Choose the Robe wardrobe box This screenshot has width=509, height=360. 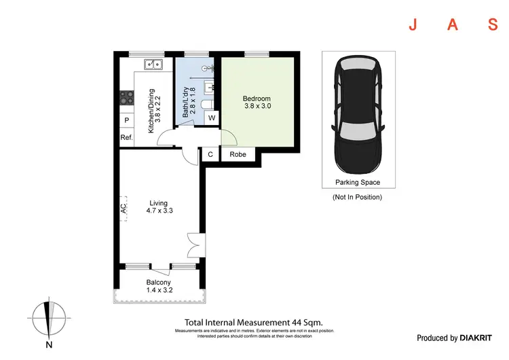pyautogui.click(x=238, y=155)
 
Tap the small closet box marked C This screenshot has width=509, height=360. pyautogui.click(x=210, y=155)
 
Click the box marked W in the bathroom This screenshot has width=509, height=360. pyautogui.click(x=212, y=118)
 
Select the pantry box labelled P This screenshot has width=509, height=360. pyautogui.click(x=126, y=122)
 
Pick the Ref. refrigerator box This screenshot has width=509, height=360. pyautogui.click(x=126, y=138)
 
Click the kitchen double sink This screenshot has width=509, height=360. pyautogui.click(x=153, y=65)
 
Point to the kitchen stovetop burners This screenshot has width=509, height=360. pyautogui.click(x=126, y=98)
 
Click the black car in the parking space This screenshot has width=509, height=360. pyautogui.click(x=357, y=115)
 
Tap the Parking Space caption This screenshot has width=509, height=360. pyautogui.click(x=357, y=182)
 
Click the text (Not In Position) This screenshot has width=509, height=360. pyautogui.click(x=357, y=197)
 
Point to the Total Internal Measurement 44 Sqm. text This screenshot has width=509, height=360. pyautogui.click(x=253, y=323)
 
